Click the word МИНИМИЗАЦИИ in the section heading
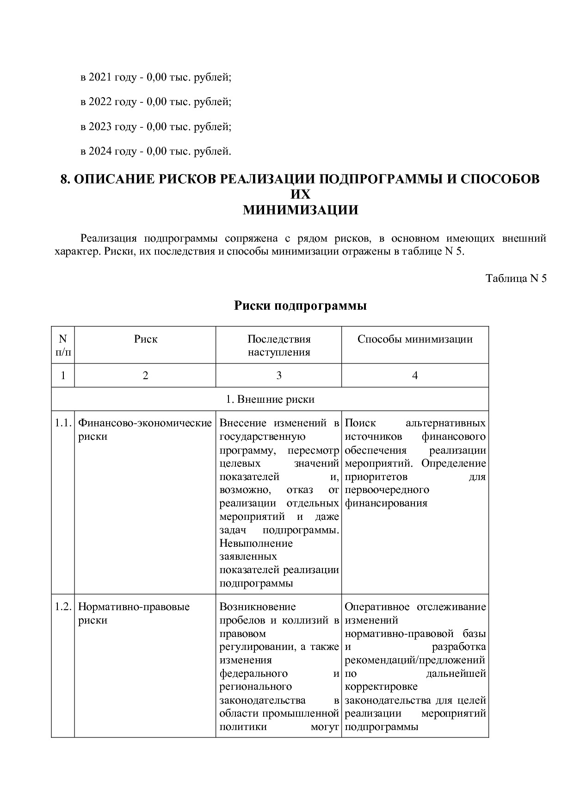pos(301,210)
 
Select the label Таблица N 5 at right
pos(516,278)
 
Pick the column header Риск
pos(146,339)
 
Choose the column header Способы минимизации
pos(415,339)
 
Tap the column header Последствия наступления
pos(278,345)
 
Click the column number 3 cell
pos(278,375)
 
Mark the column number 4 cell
pos(415,375)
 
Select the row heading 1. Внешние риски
pos(270,399)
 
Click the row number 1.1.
pos(62,423)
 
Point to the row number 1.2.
pos(62,607)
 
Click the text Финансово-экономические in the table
pos(144,423)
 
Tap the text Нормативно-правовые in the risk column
pos(134,607)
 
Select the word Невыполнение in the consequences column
pos(256,543)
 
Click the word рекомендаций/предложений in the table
pos(415,660)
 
